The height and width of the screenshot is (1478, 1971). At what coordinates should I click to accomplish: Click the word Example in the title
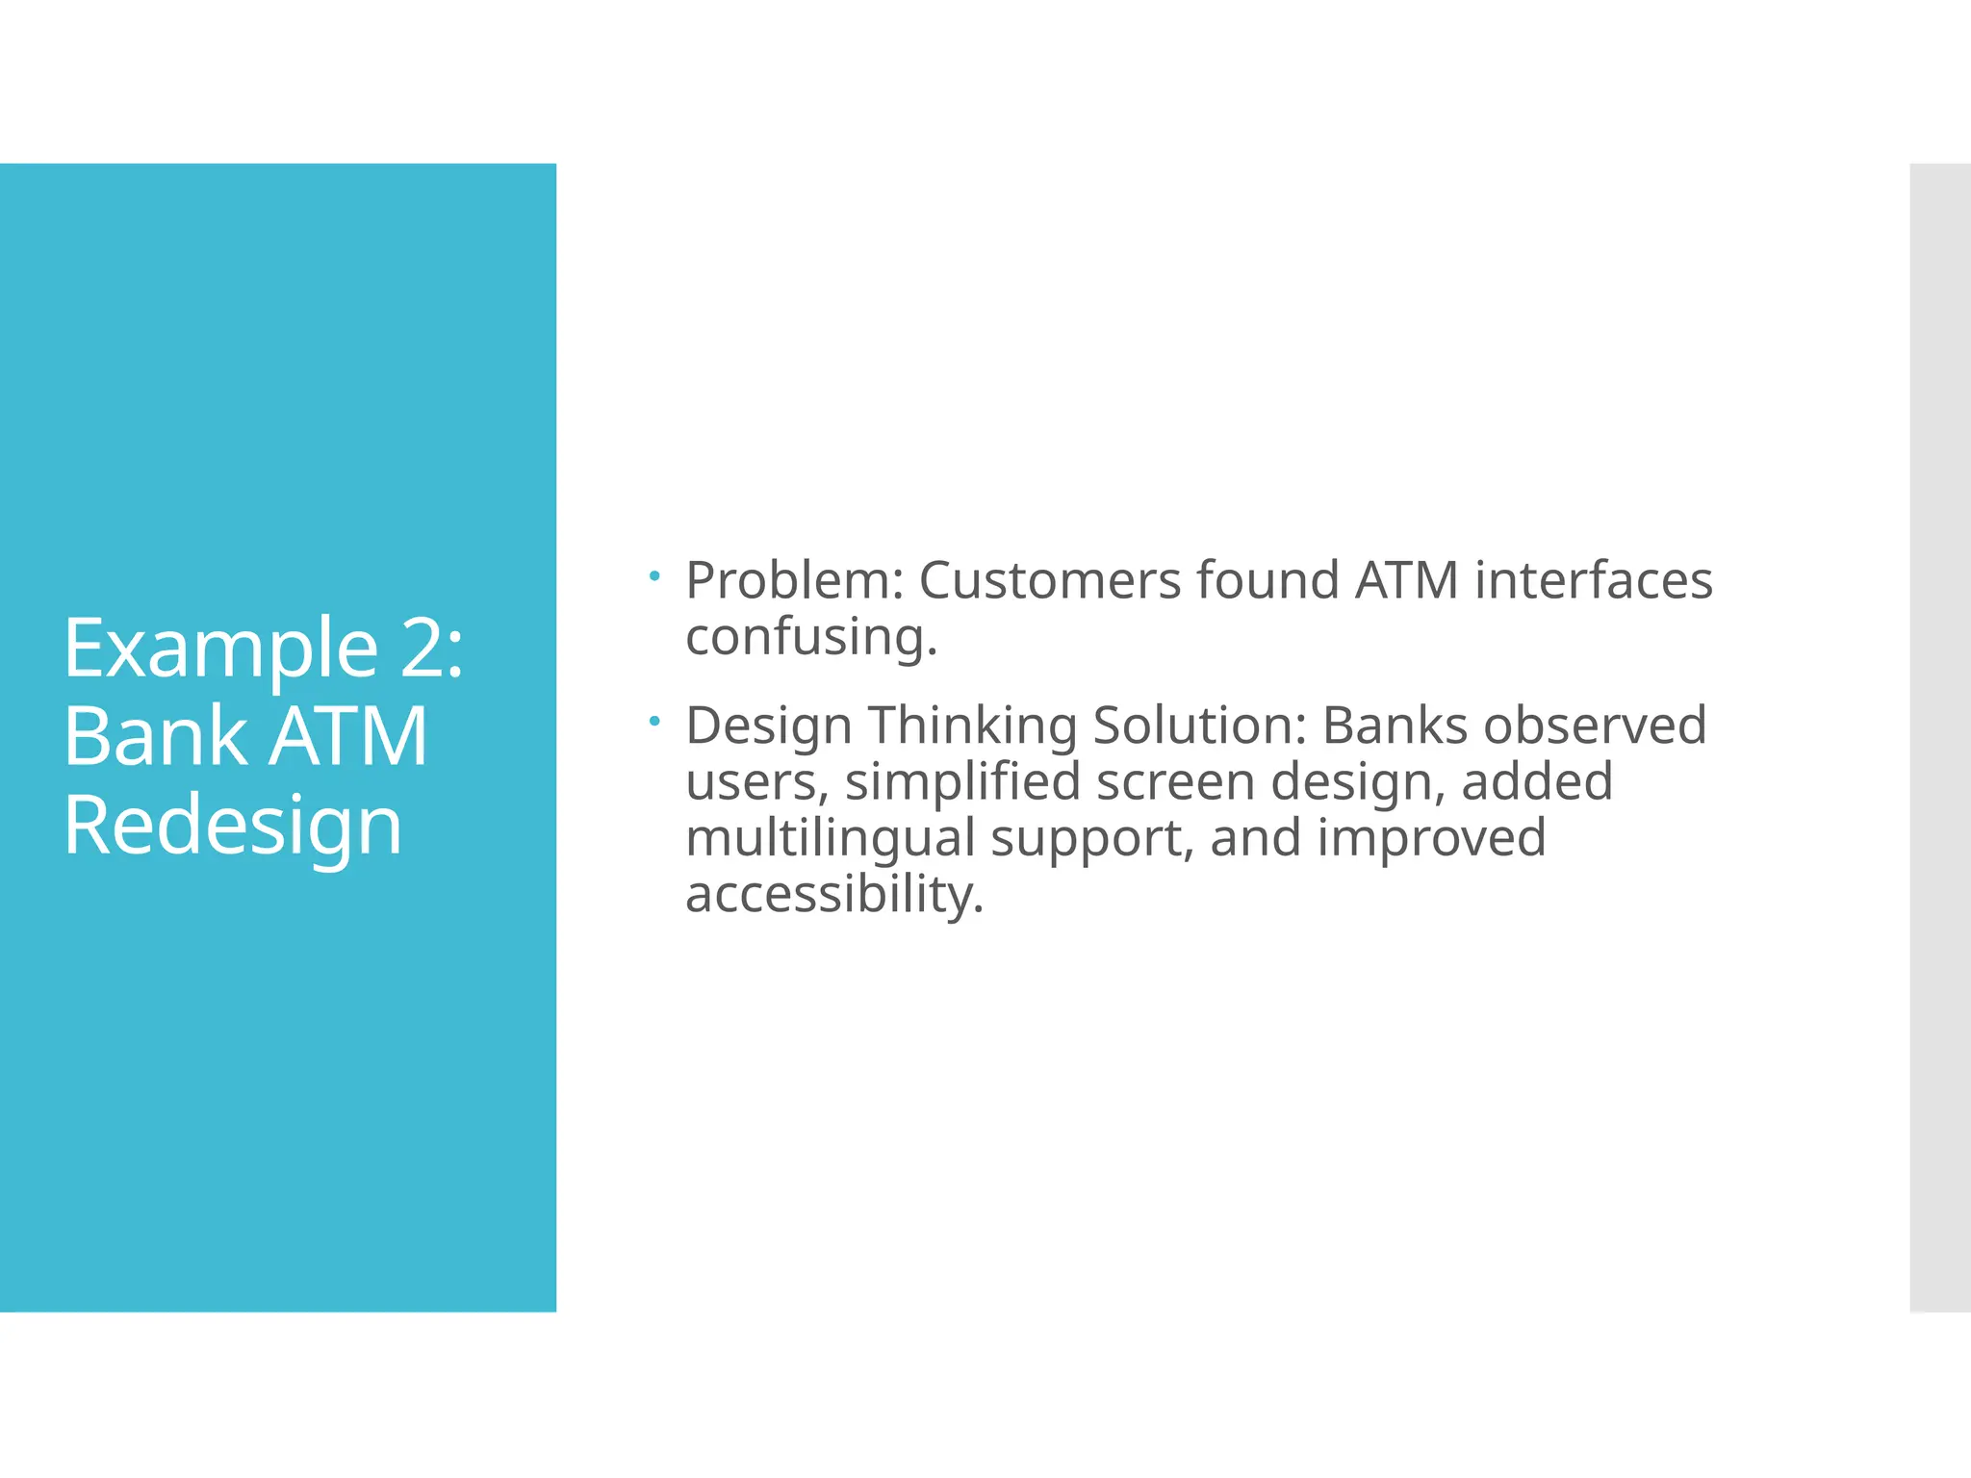click(x=220, y=650)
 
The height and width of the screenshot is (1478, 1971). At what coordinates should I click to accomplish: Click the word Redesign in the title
click(x=233, y=828)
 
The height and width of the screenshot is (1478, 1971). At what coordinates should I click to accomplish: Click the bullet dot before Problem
click(x=654, y=576)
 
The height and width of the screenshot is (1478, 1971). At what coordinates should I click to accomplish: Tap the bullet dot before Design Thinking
click(x=654, y=721)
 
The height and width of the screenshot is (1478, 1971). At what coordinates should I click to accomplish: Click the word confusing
click(x=810, y=638)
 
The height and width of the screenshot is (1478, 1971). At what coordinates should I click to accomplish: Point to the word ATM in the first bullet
click(x=1406, y=581)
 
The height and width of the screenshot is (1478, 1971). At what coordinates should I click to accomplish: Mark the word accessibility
click(x=833, y=895)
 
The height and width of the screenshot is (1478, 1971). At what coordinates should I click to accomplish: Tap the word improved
click(x=1431, y=838)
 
